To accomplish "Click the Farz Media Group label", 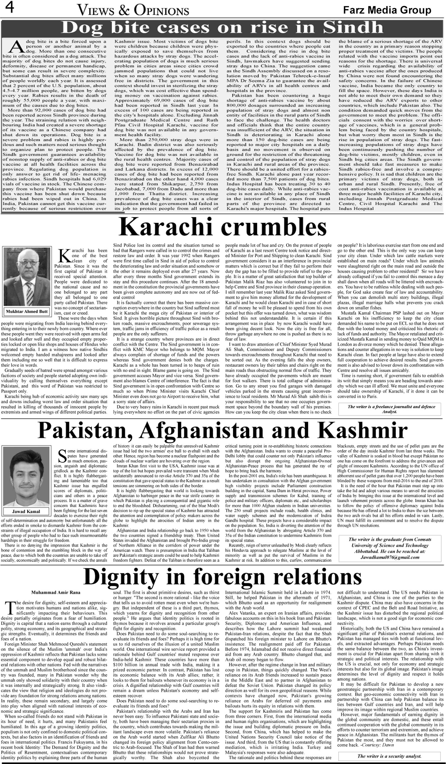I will pyautogui.click(x=387, y=10).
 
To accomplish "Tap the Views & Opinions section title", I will pyautogui.click(x=133, y=11).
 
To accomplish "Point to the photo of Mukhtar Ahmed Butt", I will pyautogui.click(x=27, y=278).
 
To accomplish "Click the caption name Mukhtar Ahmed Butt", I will pyautogui.click(x=27, y=311).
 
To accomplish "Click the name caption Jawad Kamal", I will pyautogui.click(x=26, y=511).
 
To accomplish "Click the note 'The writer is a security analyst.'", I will pyautogui.click(x=389, y=756).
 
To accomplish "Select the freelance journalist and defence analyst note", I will pyautogui.click(x=391, y=409).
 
